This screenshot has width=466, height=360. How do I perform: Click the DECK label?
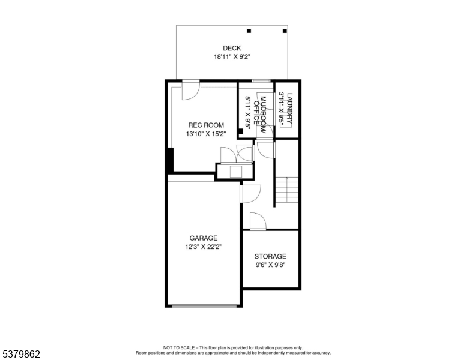[232, 49]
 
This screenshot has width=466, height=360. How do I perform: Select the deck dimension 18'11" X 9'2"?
[232, 57]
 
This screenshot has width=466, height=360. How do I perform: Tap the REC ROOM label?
[206, 125]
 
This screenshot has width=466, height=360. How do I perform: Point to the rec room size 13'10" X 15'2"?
[206, 134]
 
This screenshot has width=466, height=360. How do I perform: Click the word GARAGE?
[204, 238]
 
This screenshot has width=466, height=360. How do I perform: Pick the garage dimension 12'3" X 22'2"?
[204, 247]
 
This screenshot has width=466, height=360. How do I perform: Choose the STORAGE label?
[270, 256]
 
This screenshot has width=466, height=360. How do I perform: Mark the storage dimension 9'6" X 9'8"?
[270, 265]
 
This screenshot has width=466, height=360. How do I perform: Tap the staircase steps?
[287, 191]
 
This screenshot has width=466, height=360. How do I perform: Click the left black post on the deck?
[249, 31]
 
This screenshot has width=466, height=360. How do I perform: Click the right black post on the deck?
[283, 31]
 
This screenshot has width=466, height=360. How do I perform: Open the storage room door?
[258, 221]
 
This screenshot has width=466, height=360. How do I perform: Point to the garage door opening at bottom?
[204, 306]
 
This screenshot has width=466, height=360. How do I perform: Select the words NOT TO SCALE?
[179, 347]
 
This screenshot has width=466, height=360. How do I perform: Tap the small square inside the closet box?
[235, 172]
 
